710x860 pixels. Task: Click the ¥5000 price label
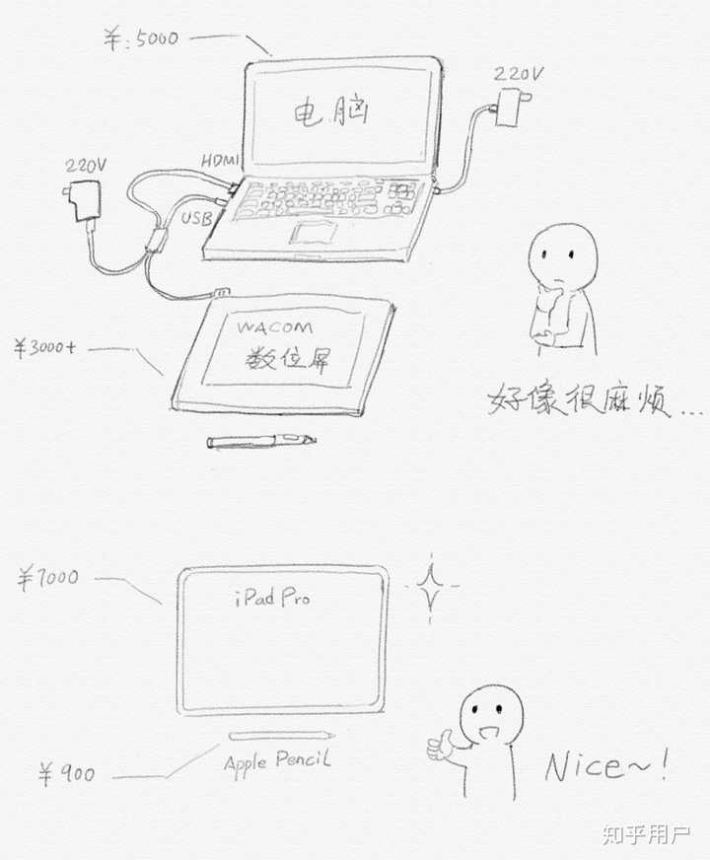pyautogui.click(x=141, y=38)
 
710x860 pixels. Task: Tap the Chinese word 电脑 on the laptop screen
pyautogui.click(x=331, y=111)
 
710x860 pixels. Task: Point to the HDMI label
pyautogui.click(x=220, y=160)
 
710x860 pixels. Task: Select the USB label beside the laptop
pyautogui.click(x=195, y=218)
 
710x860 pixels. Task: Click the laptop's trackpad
pyautogui.click(x=313, y=233)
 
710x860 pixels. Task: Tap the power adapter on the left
pyautogui.click(x=83, y=199)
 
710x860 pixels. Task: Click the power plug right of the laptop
pyautogui.click(x=512, y=107)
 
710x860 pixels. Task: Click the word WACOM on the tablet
pyautogui.click(x=275, y=328)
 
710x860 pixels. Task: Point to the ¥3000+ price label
pyautogui.click(x=45, y=347)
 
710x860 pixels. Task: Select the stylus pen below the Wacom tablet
pyautogui.click(x=261, y=441)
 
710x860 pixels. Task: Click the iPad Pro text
pyautogui.click(x=272, y=597)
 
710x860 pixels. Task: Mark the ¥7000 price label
pyautogui.click(x=47, y=579)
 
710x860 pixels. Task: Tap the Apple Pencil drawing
pyautogui.click(x=282, y=735)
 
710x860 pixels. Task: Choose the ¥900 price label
pyautogui.click(x=67, y=774)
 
